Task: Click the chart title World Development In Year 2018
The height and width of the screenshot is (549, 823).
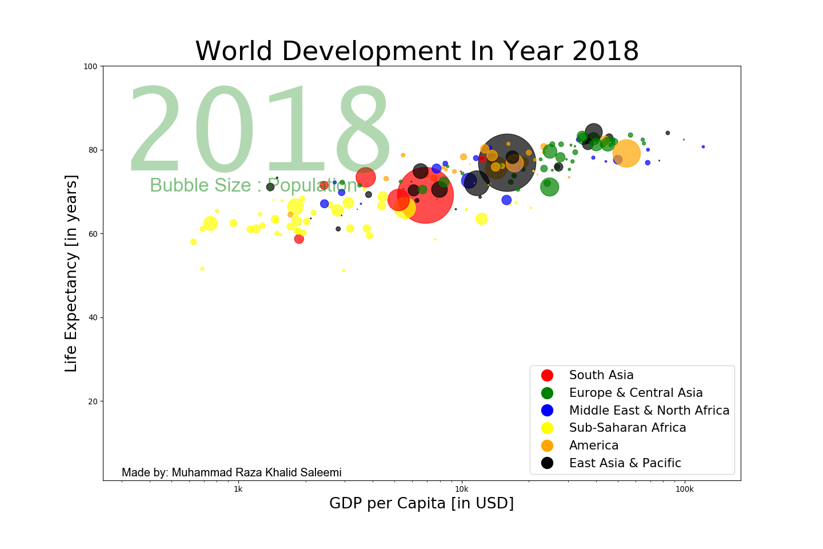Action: (x=417, y=51)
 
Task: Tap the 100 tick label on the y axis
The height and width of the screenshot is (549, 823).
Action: (x=90, y=66)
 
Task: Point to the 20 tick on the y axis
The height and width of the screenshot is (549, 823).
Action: (x=93, y=401)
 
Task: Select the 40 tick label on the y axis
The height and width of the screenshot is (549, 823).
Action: (x=93, y=318)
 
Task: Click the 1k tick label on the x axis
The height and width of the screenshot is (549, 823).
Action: (x=238, y=490)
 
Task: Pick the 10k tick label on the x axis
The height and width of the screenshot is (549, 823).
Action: (x=461, y=490)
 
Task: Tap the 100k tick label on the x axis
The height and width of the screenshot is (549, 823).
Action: (x=684, y=490)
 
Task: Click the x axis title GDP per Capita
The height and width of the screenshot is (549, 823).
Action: (x=421, y=503)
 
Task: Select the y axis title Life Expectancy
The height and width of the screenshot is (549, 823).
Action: (x=71, y=273)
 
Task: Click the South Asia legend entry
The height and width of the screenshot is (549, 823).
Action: (x=601, y=375)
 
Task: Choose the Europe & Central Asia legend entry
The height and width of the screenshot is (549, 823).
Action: (x=636, y=393)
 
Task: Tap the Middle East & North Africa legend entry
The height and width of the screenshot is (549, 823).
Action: (x=649, y=411)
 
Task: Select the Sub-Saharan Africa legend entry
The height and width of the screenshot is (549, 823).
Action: (x=627, y=428)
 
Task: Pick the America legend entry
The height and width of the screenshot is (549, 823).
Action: (x=593, y=445)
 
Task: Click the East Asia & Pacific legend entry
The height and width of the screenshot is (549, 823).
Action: (x=625, y=463)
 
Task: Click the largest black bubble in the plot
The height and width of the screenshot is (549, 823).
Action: (x=507, y=162)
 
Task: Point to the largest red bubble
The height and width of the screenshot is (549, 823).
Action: (x=425, y=194)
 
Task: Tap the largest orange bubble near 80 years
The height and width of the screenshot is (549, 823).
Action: (x=626, y=153)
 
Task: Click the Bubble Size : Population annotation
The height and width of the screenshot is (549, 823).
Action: (x=254, y=185)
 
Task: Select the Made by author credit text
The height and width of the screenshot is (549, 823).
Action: (x=231, y=472)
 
